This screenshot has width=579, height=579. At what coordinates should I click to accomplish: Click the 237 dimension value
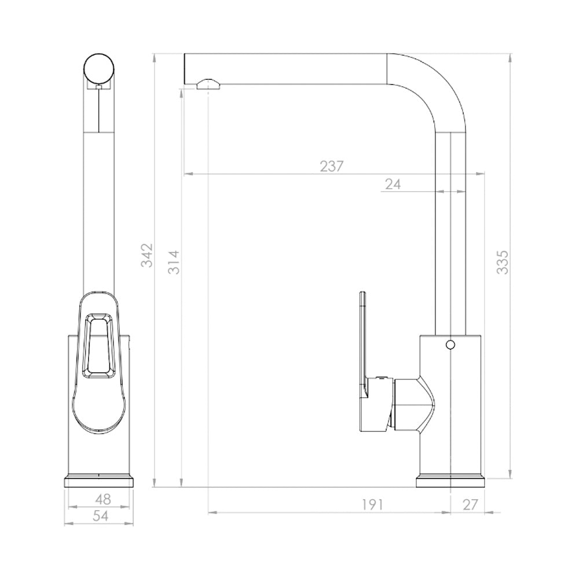point(331,166)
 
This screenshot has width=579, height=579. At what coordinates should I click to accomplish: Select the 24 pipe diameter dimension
point(393,184)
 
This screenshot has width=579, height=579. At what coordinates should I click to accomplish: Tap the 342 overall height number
point(147,255)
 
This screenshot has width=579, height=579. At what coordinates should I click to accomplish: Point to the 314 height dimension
point(174,262)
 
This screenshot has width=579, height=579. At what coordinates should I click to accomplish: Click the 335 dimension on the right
point(502,262)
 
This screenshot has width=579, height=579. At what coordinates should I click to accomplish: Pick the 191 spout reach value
point(372,504)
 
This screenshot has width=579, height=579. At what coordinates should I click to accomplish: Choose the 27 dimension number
point(470,504)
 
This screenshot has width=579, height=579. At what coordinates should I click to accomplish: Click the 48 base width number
point(102,500)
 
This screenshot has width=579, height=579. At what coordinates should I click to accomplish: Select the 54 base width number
point(100,516)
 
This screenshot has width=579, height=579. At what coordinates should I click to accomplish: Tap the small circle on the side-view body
point(450,345)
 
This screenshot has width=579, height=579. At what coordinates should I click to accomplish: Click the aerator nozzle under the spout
point(209,84)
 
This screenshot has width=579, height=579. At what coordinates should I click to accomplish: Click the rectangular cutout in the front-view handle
point(98,346)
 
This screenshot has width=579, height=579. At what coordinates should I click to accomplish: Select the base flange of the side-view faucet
point(450,481)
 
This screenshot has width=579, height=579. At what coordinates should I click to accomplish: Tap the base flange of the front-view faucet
point(99,481)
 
